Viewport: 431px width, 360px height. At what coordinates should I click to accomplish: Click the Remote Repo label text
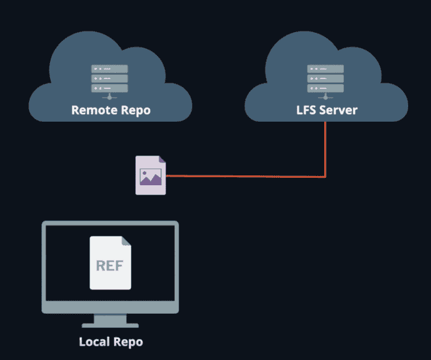click(111, 111)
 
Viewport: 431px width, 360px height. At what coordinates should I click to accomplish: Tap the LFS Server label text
click(326, 111)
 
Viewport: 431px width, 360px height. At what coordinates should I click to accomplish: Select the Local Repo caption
click(111, 341)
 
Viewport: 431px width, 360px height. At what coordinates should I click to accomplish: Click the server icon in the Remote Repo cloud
click(110, 80)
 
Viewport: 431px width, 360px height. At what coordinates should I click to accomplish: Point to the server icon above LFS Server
click(325, 80)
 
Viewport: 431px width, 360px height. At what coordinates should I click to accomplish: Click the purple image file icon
click(151, 176)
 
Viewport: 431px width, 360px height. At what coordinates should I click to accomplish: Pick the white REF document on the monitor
click(111, 262)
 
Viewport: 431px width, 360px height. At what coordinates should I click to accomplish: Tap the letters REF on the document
click(110, 266)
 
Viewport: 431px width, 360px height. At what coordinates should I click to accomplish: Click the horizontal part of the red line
click(247, 176)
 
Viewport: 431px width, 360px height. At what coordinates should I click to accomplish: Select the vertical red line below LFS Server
click(325, 148)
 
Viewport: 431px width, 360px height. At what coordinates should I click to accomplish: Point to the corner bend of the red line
click(325, 177)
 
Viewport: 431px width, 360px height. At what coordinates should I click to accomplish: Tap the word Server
click(338, 111)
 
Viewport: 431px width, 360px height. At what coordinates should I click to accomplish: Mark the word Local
click(93, 341)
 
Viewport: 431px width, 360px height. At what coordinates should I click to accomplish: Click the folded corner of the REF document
click(126, 241)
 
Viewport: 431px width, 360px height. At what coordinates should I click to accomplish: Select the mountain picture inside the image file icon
click(151, 178)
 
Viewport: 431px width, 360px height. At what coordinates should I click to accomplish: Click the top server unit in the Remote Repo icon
click(110, 68)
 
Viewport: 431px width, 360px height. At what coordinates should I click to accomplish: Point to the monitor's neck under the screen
click(111, 316)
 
